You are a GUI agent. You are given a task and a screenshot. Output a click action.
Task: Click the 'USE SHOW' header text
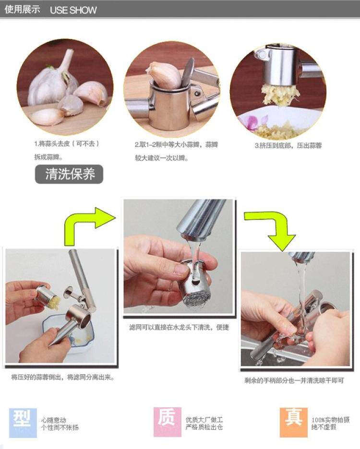(x=73, y=10)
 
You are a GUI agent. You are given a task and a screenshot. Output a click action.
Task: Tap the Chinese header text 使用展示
(x=23, y=10)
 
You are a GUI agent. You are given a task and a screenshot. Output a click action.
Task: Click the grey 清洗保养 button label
(x=69, y=174)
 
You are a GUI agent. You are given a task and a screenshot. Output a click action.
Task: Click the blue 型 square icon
(x=23, y=423)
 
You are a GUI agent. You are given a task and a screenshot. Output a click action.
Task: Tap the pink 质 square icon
(x=168, y=422)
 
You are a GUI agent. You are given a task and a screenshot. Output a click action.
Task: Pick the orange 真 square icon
(x=293, y=422)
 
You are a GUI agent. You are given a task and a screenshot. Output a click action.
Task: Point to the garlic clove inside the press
(x=164, y=74)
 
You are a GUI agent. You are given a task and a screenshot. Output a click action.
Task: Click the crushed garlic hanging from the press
(x=279, y=94)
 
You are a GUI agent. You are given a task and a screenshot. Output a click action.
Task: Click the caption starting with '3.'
(x=288, y=145)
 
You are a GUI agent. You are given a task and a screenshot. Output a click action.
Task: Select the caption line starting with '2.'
(x=176, y=144)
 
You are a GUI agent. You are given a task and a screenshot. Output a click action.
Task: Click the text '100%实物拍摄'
(x=330, y=420)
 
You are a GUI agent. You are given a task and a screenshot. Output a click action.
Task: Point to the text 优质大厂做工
(x=204, y=420)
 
